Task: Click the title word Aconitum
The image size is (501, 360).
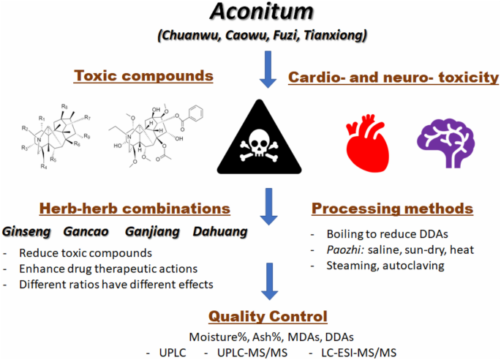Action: point(252,13)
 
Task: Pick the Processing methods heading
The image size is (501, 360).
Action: point(392,209)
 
